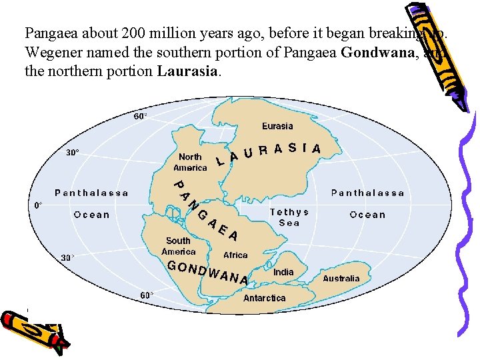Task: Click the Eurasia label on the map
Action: pos(277,126)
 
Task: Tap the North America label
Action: pos(190,163)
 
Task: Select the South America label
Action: pos(178,246)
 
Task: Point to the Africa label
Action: pos(235,255)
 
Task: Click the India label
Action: pos(283,272)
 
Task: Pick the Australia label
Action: pos(341,279)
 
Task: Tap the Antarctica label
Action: pos(264,298)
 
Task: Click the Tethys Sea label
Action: pos(289,217)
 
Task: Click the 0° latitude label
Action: pos(38,206)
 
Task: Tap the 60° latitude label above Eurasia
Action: pos(141,116)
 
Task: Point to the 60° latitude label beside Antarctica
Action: pos(146,295)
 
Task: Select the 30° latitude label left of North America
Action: pos(72,153)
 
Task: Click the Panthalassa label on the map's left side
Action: pos(91,193)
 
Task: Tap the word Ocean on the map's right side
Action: pos(367,215)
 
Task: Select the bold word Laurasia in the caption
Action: pos(189,71)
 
